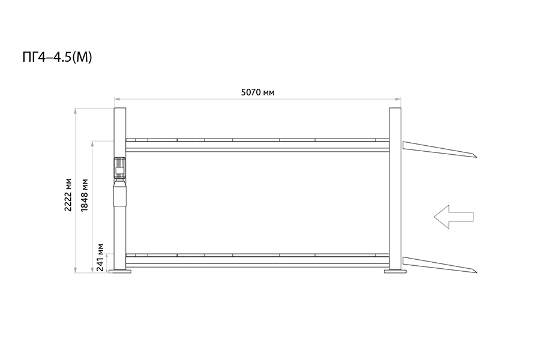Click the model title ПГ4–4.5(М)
(57, 57)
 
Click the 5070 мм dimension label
(257, 92)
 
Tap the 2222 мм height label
(68, 195)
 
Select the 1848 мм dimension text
(84, 195)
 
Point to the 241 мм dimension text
(100, 257)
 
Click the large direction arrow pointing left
(454, 217)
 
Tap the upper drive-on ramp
(440, 149)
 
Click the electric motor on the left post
(120, 169)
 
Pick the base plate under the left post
(120, 271)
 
